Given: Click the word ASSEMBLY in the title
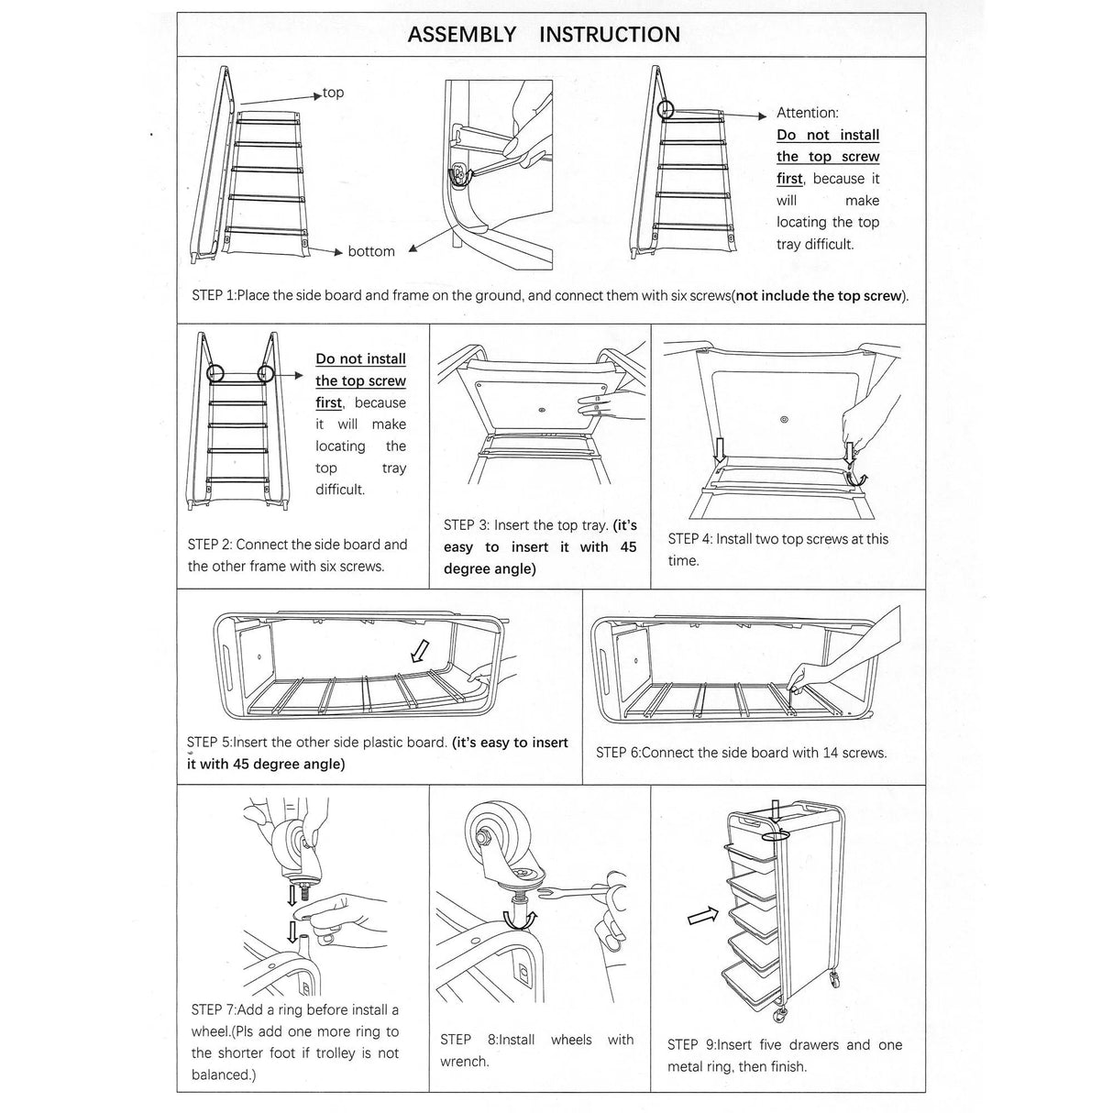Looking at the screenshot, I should [x=462, y=35].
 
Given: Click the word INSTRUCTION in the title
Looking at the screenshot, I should [x=610, y=35].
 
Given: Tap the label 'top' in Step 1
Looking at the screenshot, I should [x=334, y=93].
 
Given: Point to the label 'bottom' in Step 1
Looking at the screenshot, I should [x=371, y=251].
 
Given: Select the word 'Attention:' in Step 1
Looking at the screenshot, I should [x=807, y=113].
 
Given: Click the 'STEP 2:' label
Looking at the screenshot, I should [x=210, y=545].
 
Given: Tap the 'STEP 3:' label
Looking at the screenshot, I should [x=466, y=525].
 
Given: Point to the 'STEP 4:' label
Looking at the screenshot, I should [x=689, y=539].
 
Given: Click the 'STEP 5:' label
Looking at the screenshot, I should [x=209, y=743].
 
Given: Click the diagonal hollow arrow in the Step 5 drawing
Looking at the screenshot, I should [x=419, y=651].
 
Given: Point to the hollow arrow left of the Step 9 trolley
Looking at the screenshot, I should [x=702, y=916].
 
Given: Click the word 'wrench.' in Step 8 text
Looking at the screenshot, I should [x=465, y=1062].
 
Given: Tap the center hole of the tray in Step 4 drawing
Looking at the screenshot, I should [x=783, y=420].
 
